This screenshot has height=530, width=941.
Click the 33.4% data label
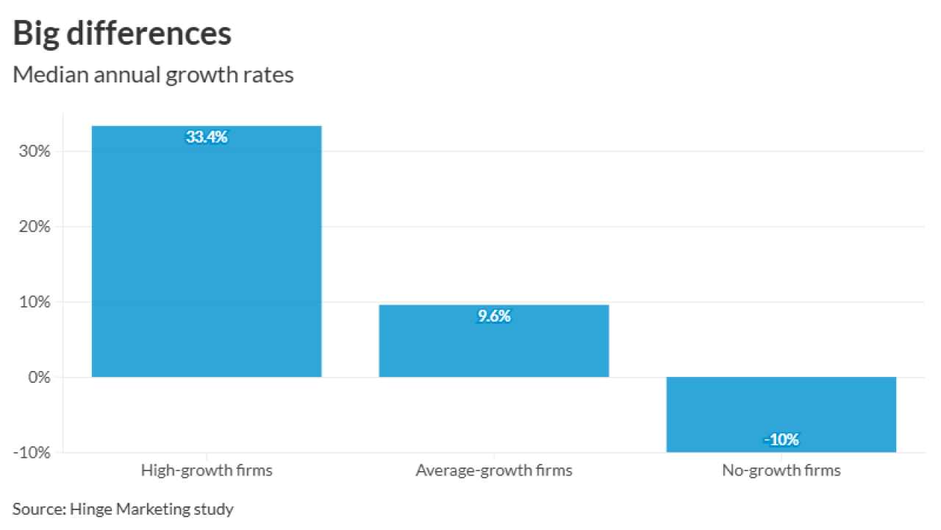click(x=207, y=138)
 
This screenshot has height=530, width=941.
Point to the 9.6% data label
click(x=494, y=317)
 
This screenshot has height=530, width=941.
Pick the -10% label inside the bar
click(x=781, y=440)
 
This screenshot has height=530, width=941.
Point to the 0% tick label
click(x=39, y=378)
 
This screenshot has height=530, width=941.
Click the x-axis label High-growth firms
click(x=207, y=470)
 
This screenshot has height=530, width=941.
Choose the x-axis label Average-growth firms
click(x=494, y=470)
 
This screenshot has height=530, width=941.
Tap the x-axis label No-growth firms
click(x=781, y=470)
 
